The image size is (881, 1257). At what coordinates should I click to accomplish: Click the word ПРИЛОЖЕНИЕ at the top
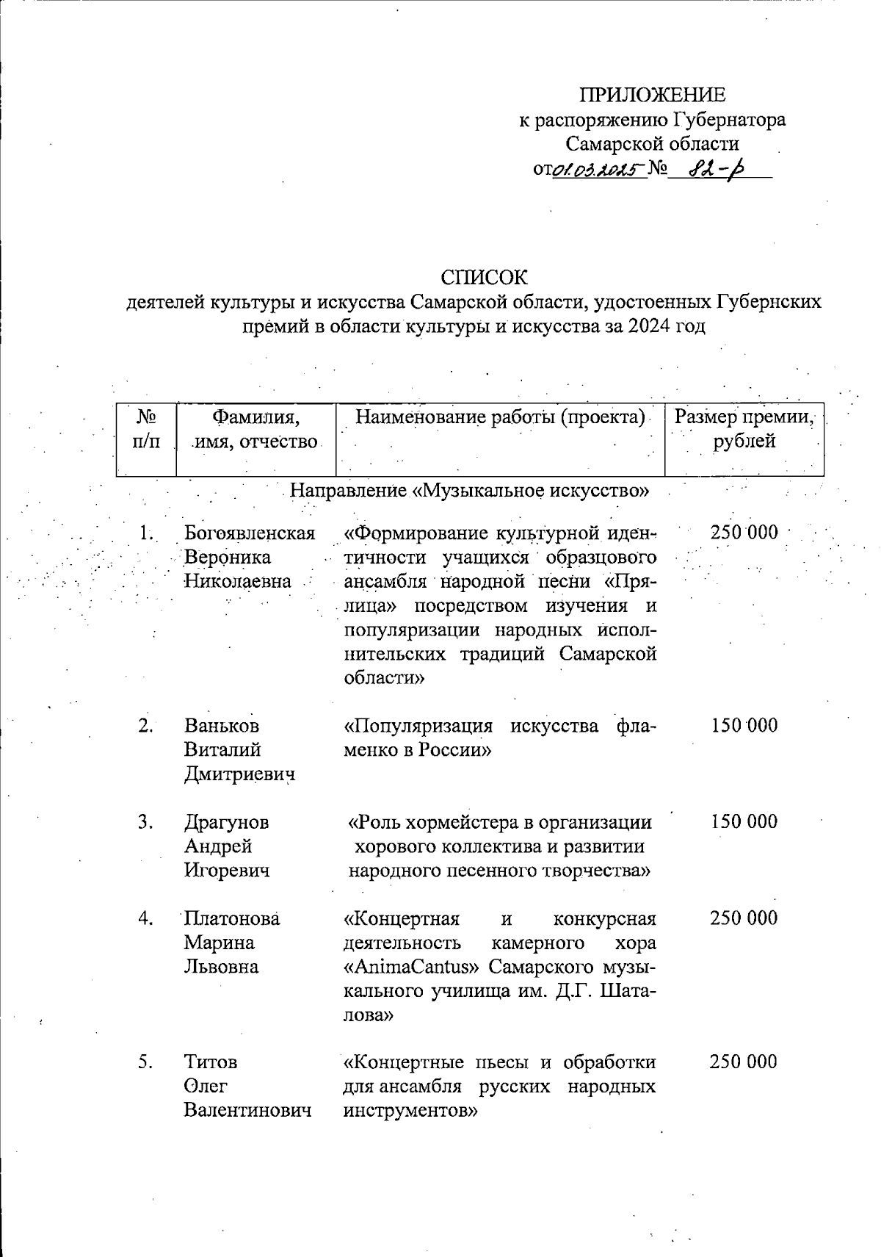click(653, 95)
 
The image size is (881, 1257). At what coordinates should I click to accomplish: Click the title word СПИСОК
click(484, 277)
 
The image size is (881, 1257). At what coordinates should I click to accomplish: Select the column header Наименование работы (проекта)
click(500, 418)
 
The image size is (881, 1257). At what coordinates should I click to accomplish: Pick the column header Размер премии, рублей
click(744, 430)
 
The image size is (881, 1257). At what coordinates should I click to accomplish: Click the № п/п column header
click(146, 430)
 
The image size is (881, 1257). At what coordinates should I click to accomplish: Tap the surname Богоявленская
click(250, 533)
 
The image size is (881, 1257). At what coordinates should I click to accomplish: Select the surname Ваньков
click(222, 726)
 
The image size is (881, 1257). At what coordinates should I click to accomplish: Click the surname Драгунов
click(226, 822)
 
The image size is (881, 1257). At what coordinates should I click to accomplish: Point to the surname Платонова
click(232, 918)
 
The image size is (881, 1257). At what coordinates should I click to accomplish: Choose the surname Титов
click(211, 1062)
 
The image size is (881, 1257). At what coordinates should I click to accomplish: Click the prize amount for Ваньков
click(744, 726)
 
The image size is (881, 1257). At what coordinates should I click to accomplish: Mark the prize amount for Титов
click(744, 1062)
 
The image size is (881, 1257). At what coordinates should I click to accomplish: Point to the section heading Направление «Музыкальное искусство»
click(471, 490)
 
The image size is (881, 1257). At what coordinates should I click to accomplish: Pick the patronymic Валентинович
click(247, 1110)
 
